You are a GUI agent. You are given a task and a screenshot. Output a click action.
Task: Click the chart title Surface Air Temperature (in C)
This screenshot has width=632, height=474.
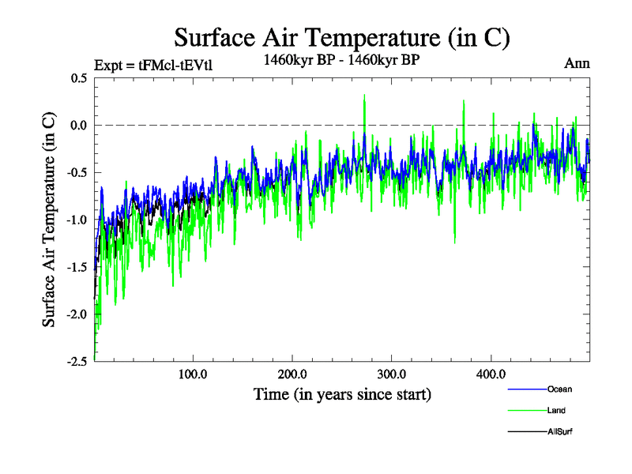click(342, 37)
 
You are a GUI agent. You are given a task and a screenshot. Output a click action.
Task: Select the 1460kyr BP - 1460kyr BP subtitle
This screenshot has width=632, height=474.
click(342, 58)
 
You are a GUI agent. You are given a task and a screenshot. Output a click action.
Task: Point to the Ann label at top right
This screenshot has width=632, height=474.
click(577, 63)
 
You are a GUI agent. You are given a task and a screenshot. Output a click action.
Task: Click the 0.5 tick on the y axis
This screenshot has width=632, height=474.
click(78, 78)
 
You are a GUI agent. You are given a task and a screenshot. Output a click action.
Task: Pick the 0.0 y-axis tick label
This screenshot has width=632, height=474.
click(78, 126)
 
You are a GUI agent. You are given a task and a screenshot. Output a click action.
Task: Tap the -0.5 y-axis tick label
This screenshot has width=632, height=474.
click(77, 173)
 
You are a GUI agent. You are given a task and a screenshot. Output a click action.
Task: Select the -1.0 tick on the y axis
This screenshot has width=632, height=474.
click(77, 220)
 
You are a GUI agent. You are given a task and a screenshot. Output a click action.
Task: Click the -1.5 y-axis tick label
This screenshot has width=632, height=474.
click(77, 267)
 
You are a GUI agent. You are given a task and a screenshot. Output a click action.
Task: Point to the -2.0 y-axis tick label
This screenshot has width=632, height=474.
click(77, 314)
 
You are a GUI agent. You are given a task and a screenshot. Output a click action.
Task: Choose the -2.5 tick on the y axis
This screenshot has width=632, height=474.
click(77, 361)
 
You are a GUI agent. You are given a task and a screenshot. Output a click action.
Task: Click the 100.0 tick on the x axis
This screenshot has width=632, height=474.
click(193, 374)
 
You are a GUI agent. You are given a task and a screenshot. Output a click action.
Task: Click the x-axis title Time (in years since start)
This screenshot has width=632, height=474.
click(342, 393)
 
